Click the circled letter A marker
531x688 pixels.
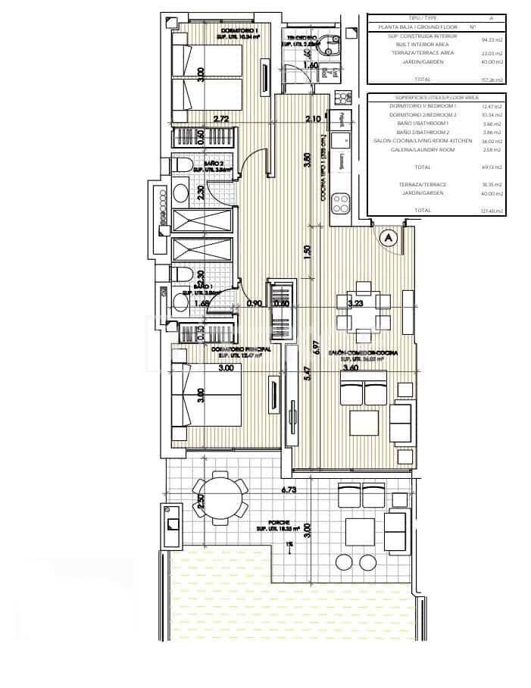point(389,238)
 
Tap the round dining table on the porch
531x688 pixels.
point(220,497)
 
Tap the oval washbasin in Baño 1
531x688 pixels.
point(181,303)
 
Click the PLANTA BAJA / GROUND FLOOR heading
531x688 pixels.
point(414,27)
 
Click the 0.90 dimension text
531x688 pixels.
point(255,304)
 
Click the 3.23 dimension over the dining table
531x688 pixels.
point(355,303)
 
